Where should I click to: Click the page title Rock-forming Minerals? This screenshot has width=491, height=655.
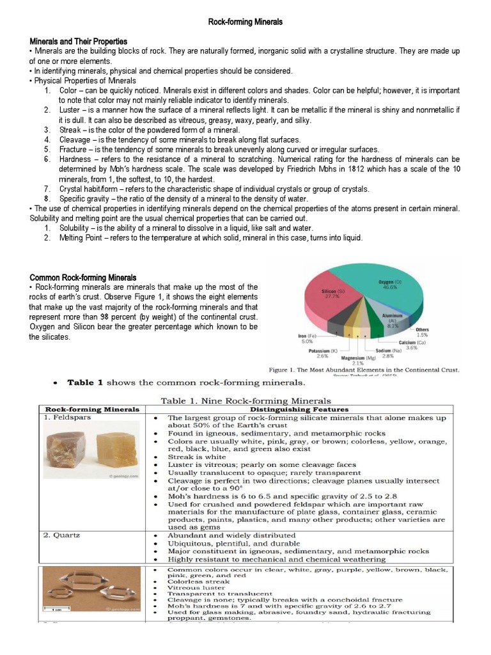coord(245,22)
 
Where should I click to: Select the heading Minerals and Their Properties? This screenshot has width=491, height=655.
coord(79,41)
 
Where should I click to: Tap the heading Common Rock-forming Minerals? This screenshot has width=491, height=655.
coord(83,278)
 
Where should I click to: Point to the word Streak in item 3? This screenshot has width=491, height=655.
coord(70,130)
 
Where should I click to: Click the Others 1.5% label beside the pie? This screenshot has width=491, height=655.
coord(422,332)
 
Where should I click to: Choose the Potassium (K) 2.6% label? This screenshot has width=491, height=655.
coord(323,354)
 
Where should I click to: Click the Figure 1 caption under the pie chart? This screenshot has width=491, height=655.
coord(364,370)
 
